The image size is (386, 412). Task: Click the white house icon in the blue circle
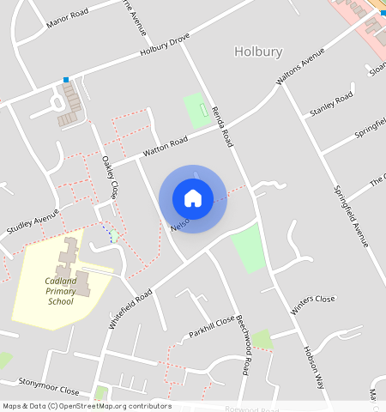point(193,198)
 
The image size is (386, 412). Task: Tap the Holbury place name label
point(258,51)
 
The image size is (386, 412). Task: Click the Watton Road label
point(165,147)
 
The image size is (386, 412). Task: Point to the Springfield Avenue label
point(351,215)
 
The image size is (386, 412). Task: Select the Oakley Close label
point(109,175)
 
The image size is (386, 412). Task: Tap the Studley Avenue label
point(33,221)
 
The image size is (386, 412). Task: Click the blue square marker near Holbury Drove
point(66,80)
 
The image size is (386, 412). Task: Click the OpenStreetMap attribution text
point(86,406)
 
